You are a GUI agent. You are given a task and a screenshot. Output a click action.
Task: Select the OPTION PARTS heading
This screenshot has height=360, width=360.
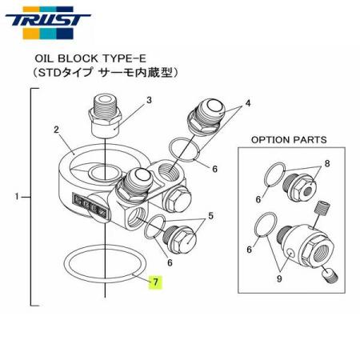pyautogui.click(x=290, y=139)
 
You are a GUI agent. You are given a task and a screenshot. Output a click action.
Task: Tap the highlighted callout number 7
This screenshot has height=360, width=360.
pyautogui.click(x=156, y=282)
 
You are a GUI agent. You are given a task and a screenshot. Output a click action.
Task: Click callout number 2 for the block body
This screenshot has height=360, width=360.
pyautogui.click(x=58, y=129)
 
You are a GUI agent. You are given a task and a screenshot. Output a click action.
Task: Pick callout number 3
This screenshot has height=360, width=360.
pyautogui.click(x=148, y=101)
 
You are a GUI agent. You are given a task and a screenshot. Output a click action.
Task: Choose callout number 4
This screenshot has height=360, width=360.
pyautogui.click(x=248, y=103)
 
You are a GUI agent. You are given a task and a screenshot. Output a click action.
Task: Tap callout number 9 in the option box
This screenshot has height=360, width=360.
pyautogui.click(x=280, y=279)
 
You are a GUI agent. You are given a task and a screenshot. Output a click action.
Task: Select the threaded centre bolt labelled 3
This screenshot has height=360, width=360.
pyautogui.click(x=106, y=115)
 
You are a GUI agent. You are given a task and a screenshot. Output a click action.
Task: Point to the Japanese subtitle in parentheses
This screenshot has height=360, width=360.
pyautogui.click(x=101, y=72)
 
